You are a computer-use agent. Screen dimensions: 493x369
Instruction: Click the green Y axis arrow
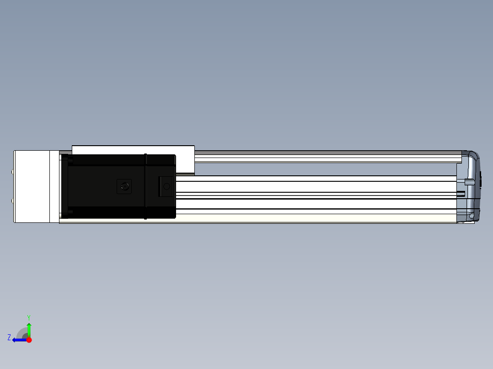click(x=29, y=329)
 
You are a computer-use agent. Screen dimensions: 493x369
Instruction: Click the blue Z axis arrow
click(x=20, y=340)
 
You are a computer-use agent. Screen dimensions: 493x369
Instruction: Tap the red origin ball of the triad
click(x=29, y=340)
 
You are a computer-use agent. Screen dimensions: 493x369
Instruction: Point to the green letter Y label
click(x=29, y=317)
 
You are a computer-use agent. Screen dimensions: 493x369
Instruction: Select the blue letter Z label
click(x=9, y=337)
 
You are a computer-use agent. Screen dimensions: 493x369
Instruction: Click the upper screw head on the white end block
click(x=12, y=172)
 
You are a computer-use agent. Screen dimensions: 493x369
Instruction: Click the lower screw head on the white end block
click(x=12, y=200)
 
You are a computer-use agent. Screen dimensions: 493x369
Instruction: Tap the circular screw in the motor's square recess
click(x=125, y=186)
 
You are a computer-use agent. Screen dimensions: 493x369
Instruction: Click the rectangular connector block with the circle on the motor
click(x=165, y=186)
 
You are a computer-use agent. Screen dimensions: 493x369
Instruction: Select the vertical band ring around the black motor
click(x=145, y=186)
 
